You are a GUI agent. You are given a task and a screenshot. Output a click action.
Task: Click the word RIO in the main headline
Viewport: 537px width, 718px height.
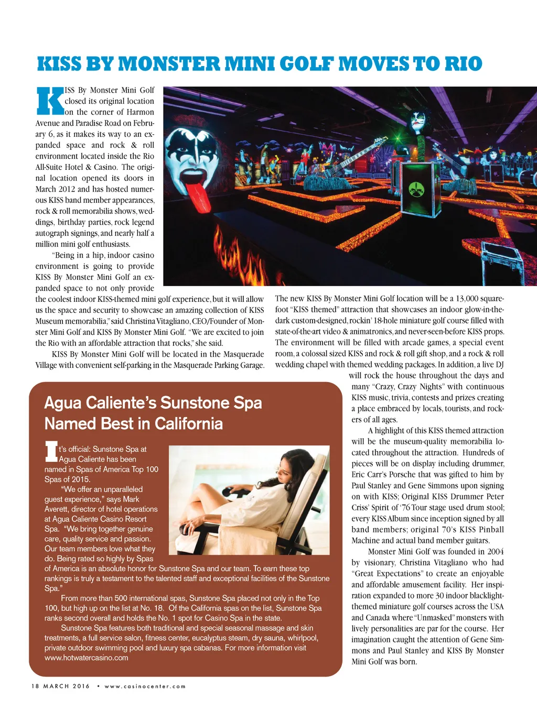point(463,64)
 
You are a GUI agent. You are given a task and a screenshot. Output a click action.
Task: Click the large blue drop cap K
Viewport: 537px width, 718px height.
point(50,101)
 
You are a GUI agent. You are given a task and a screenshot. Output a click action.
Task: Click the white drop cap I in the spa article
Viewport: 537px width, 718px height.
point(51,452)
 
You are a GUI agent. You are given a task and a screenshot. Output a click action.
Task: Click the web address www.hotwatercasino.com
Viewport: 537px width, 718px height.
point(86,658)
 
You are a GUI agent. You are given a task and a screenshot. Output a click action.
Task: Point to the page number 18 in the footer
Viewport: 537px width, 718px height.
point(36,686)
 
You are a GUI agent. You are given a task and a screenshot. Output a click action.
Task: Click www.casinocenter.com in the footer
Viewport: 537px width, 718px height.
point(145,686)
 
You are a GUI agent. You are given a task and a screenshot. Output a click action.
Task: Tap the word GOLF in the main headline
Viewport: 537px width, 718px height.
point(307,64)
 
